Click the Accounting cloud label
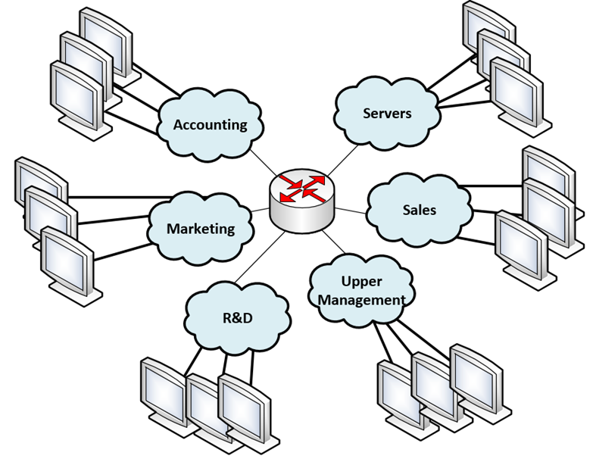pos(210,125)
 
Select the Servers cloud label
pos(386,113)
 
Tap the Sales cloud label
pos(420,209)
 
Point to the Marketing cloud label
pos(201,228)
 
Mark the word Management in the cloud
pos(361,300)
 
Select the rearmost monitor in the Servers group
pos(484,28)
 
